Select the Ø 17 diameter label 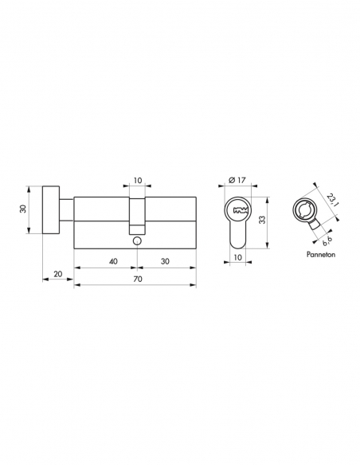tap(236, 180)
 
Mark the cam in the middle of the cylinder tap(137, 210)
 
